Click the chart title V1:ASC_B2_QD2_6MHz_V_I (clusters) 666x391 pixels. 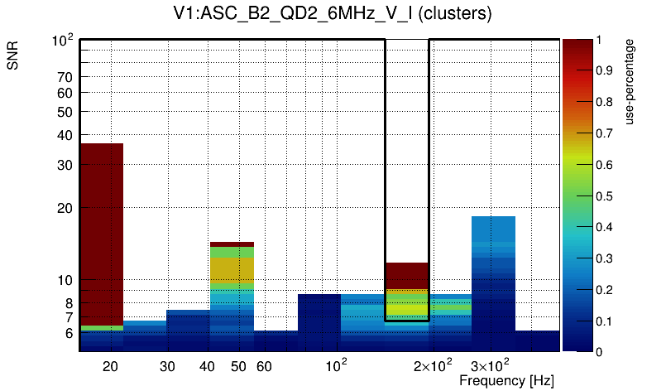click(x=333, y=14)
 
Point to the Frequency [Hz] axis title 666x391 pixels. click(x=506, y=380)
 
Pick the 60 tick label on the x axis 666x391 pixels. click(x=264, y=366)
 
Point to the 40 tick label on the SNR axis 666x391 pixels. click(x=65, y=135)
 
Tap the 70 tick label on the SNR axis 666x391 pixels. click(x=65, y=77)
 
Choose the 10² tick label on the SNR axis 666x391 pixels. click(x=63, y=40)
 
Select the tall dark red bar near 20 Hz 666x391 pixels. click(x=102, y=232)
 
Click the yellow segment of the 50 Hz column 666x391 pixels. click(x=232, y=269)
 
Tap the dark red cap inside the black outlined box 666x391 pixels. click(x=407, y=275)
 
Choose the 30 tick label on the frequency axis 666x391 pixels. click(x=168, y=366)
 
